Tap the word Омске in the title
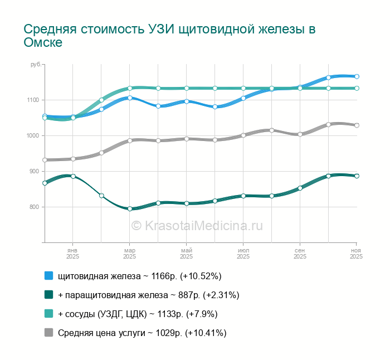point(43,43)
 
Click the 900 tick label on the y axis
point(33,171)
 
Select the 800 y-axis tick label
point(33,207)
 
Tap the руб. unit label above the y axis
point(36,65)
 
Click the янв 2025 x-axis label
point(73,254)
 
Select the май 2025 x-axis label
point(187,254)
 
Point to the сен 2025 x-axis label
point(300,254)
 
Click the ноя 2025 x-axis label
point(356,254)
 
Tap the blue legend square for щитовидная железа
point(48,276)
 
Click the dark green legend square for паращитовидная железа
point(48,295)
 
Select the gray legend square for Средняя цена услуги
point(48,333)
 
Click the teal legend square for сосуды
point(48,314)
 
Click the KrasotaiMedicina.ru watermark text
point(197,225)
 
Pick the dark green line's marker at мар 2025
point(130,209)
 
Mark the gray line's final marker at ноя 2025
point(357,125)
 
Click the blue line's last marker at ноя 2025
point(357,76)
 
